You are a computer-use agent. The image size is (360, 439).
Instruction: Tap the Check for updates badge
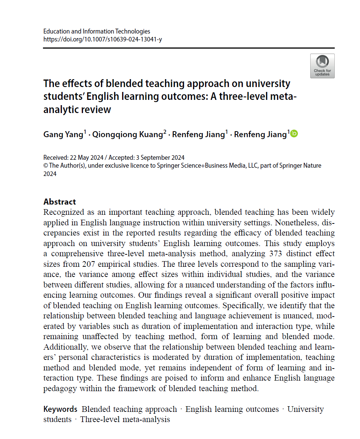click(x=322, y=66)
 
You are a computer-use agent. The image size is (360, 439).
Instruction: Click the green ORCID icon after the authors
click(x=294, y=134)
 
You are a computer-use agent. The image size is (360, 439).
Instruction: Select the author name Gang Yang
click(x=63, y=135)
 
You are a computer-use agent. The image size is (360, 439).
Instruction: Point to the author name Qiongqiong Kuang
click(x=127, y=135)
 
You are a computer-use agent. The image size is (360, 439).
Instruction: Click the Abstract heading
click(x=60, y=202)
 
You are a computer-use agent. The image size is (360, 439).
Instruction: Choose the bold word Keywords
click(x=60, y=409)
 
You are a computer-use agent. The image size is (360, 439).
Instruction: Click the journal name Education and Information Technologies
click(x=97, y=31)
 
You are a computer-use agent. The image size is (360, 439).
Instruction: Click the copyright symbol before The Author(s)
click(x=46, y=166)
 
